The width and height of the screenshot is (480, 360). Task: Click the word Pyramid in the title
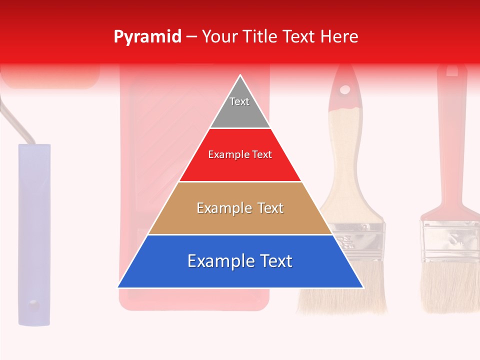coord(147,37)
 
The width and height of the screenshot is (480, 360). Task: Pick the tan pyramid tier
coord(240,220)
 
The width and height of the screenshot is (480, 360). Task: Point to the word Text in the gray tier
coord(239,101)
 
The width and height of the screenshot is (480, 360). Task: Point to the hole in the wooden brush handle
coord(345,90)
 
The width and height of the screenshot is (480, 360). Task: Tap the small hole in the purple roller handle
coord(33,303)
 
